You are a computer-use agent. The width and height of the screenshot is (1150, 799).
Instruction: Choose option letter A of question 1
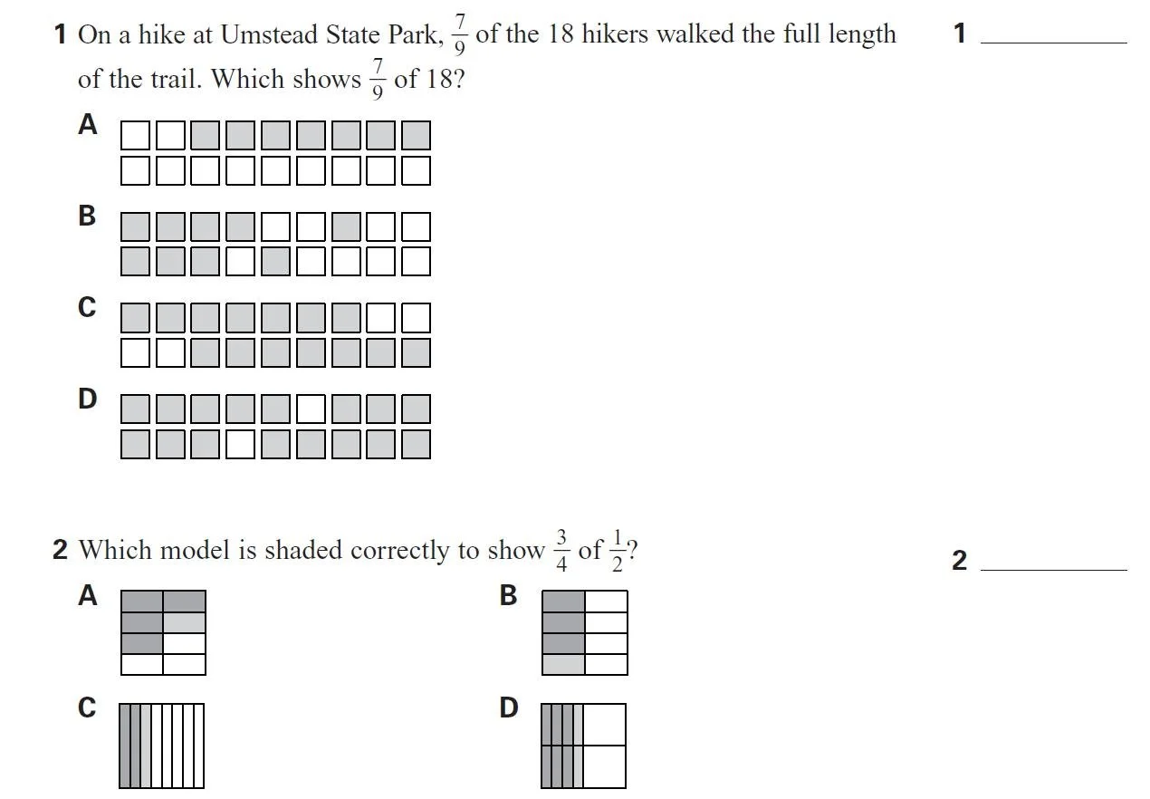(87, 125)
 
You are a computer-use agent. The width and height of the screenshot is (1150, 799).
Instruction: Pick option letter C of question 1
(87, 308)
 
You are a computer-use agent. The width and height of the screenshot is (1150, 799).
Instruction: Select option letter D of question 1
(87, 399)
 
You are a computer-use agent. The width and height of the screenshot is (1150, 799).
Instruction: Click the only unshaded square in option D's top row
(311, 409)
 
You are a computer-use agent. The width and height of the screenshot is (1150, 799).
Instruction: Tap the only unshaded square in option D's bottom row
(240, 444)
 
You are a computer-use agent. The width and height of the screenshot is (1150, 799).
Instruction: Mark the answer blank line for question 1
(1053, 41)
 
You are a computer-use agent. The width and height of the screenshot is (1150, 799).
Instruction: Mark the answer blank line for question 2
(1053, 568)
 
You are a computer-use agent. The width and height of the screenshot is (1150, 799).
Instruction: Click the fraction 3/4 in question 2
(561, 551)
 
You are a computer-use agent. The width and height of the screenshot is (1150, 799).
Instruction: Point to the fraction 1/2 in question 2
(617, 551)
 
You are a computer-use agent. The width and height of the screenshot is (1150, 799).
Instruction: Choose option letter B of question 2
(509, 595)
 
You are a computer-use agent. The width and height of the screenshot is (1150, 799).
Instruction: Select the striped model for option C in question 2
(162, 746)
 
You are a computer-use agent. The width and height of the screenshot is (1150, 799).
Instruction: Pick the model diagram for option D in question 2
(584, 746)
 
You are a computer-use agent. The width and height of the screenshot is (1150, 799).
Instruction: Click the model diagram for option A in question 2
(163, 632)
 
